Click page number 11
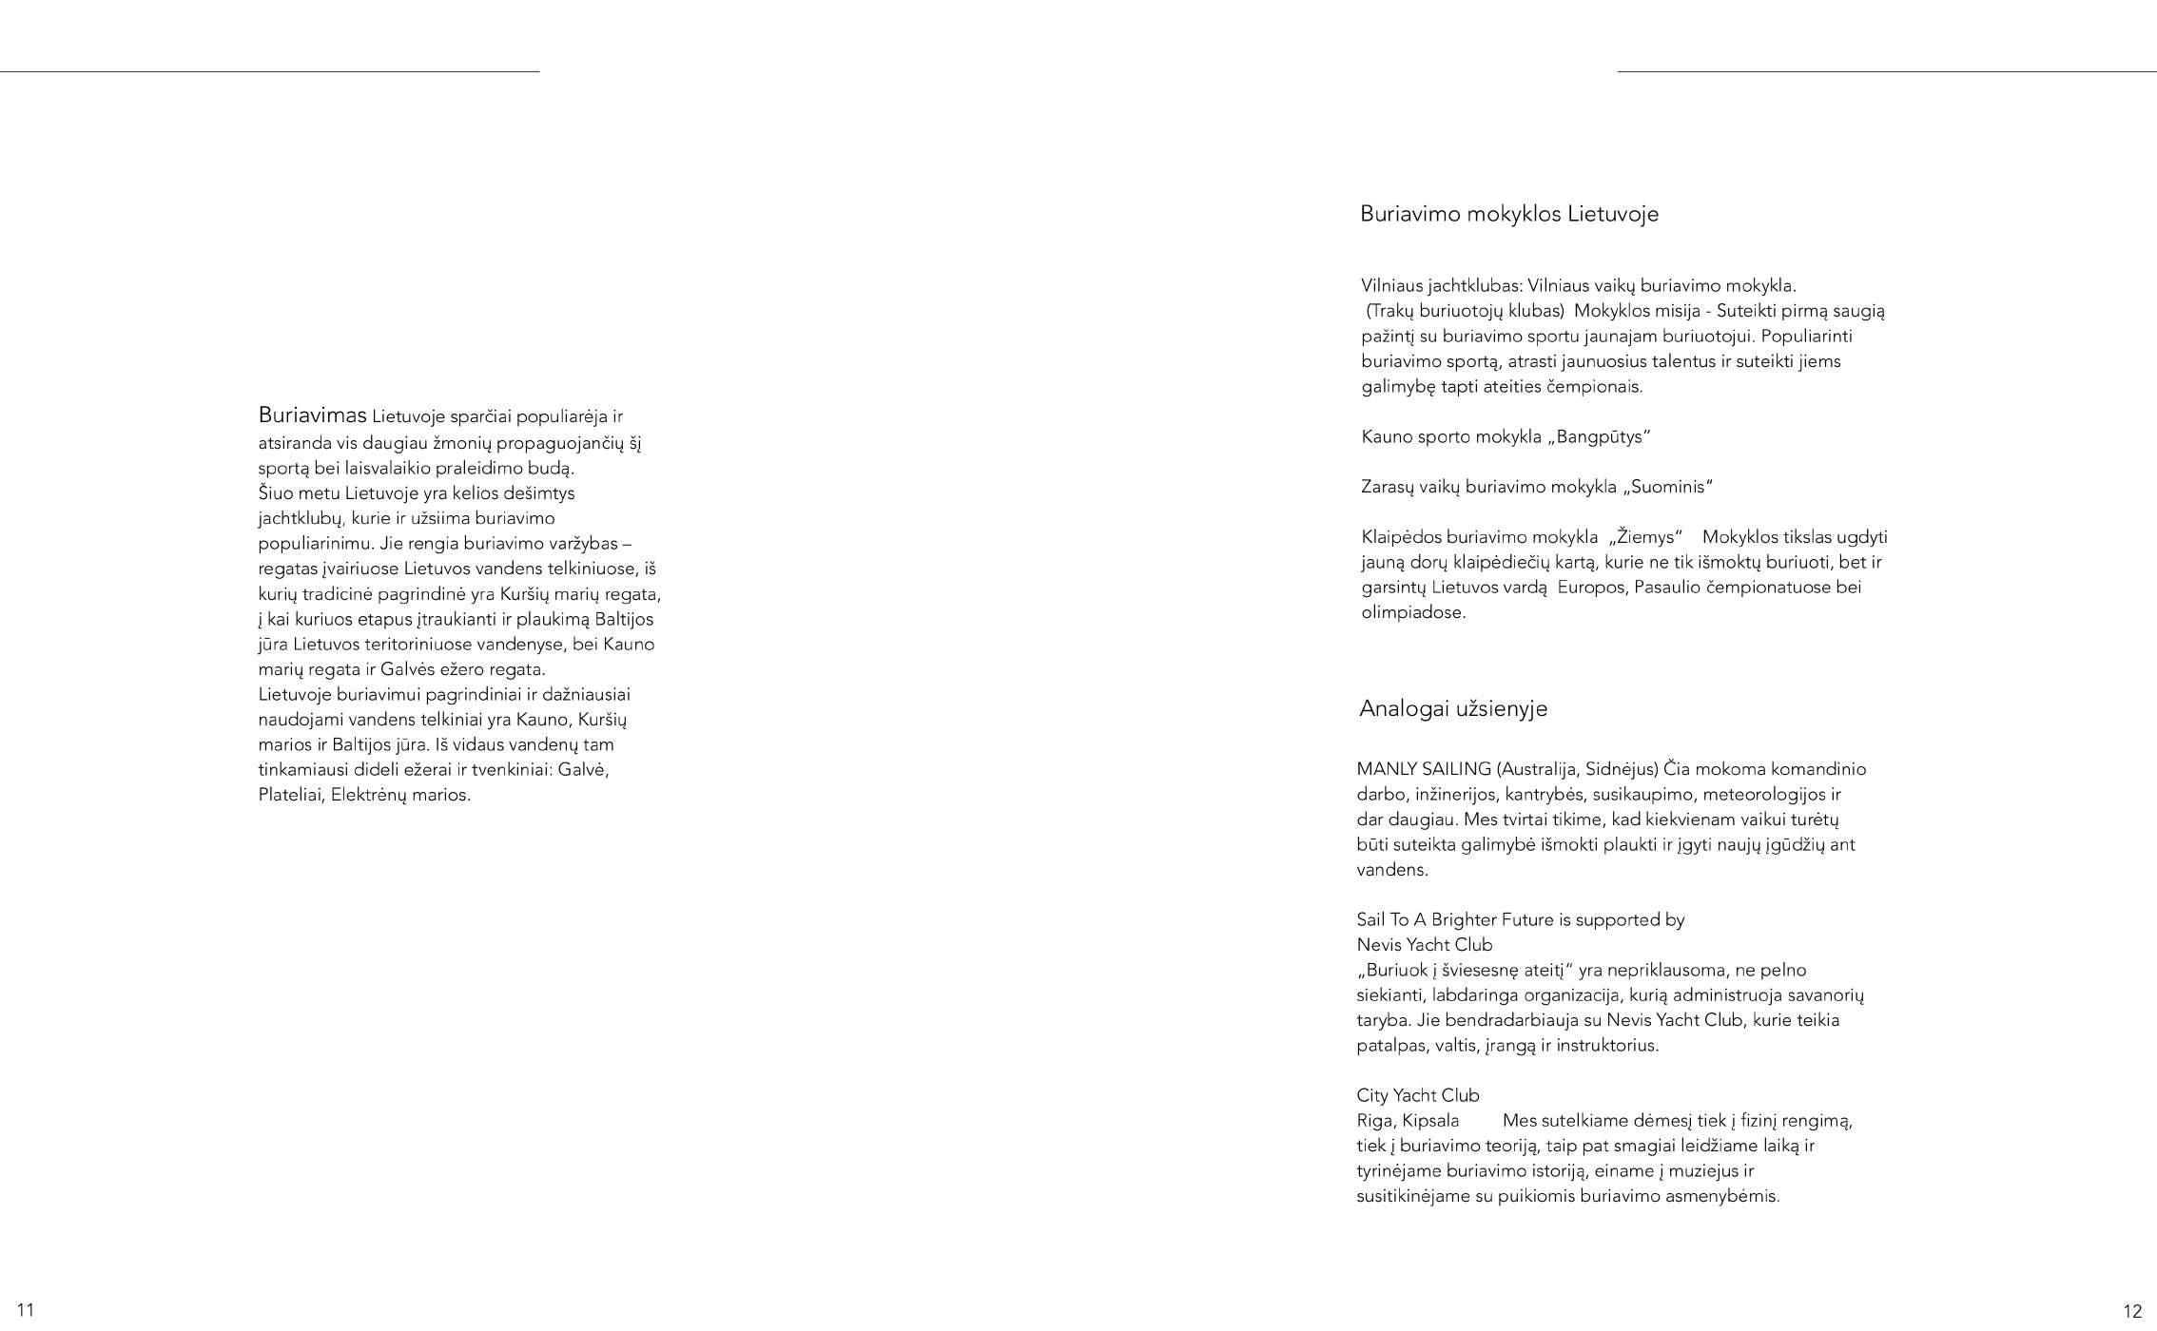[x=26, y=1310]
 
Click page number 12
[x=2132, y=1312]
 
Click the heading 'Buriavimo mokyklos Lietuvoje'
[x=1508, y=214]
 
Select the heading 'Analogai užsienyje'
[x=1452, y=709]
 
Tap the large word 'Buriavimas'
[x=312, y=415]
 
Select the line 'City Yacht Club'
[x=1417, y=1095]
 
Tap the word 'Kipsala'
[x=1430, y=1121]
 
